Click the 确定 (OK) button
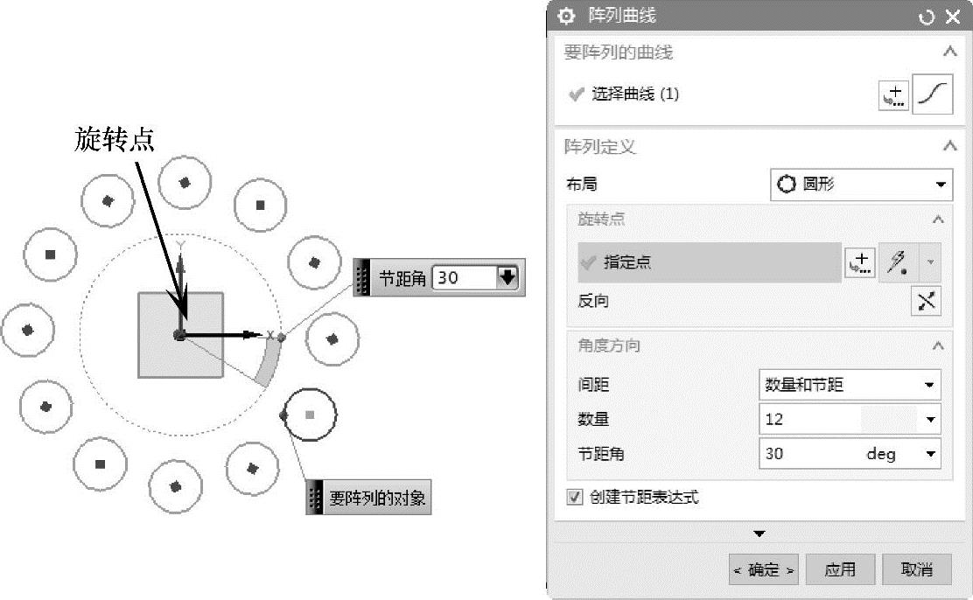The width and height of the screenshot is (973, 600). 764,570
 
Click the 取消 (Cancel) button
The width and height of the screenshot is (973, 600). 916,570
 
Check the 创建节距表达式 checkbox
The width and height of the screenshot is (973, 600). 575,498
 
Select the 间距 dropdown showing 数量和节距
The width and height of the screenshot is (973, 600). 849,384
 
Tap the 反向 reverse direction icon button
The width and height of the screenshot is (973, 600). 927,301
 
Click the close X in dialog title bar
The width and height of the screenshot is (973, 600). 953,17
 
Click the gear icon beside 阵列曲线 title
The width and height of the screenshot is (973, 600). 567,17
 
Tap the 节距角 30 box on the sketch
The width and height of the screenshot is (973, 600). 464,278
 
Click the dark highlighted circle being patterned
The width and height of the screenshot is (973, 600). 310,414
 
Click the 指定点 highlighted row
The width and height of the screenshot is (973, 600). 710,262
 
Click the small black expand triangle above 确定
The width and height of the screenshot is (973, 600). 759,534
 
